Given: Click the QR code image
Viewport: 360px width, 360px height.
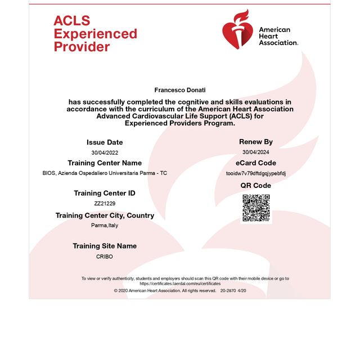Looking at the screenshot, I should coord(256,208).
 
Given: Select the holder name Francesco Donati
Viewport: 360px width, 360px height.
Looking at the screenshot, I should coord(179,90).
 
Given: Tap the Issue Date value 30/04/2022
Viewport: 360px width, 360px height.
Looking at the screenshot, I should coord(105,152).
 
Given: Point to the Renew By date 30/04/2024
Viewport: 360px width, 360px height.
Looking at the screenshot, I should coord(256,152).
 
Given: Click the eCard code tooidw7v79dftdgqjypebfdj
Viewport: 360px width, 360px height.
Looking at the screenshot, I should coord(256,173).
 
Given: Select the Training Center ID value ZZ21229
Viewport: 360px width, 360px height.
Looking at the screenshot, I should coord(105,204).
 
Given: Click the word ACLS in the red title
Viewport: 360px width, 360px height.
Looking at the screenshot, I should coord(71,21).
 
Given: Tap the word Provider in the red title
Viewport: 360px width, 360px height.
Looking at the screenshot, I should coord(82,47).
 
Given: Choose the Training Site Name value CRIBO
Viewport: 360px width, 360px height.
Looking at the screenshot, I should coord(105,256).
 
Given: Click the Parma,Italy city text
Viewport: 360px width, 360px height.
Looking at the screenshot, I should coord(105,225).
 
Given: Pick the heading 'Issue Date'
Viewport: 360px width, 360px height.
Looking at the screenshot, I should coord(105,142).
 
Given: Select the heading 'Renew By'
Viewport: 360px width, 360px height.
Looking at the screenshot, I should coord(256,142).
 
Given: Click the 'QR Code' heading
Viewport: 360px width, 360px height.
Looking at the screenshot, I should coord(256,186).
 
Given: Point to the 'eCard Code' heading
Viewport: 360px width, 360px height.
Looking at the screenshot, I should coord(256,163).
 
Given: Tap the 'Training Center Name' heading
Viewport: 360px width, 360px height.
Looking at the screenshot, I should coord(105,163).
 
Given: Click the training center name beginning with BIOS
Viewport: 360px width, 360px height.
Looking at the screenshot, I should coord(105,173).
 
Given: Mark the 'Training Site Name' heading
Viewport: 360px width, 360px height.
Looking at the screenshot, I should coord(105,246).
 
